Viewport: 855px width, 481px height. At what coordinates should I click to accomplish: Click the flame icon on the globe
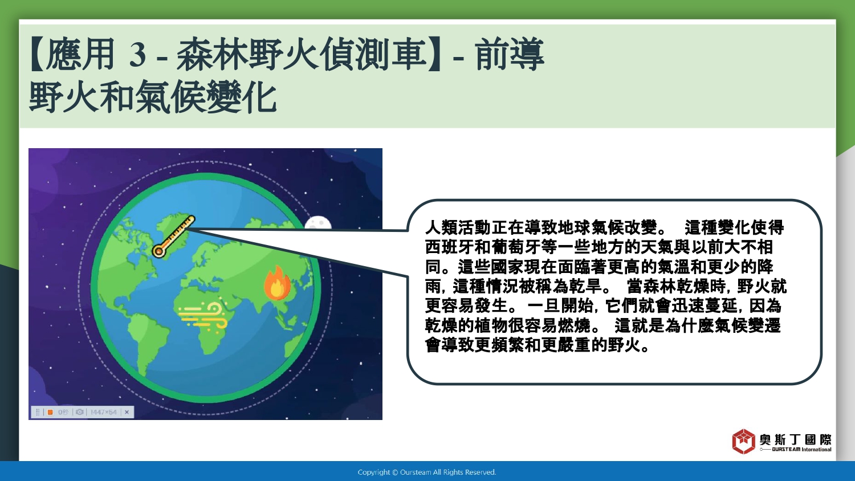coord(278,283)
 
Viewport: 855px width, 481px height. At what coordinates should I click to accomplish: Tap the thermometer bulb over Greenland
coord(158,251)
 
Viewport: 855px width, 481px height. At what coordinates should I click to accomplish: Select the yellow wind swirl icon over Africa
coord(203,316)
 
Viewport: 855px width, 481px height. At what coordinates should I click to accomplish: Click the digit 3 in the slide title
coord(137,55)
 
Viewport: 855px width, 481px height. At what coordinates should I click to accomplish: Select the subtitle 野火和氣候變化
coord(153,96)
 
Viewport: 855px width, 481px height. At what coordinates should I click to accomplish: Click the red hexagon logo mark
coord(743,441)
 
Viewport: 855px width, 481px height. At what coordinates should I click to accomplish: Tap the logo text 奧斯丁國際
coord(796,439)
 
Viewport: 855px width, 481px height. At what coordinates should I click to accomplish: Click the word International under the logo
coord(816,449)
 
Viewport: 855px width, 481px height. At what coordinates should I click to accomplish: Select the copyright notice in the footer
coord(427,472)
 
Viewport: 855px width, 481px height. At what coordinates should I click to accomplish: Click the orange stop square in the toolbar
coord(50,412)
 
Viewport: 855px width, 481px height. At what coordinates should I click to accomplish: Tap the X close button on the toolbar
coord(127,412)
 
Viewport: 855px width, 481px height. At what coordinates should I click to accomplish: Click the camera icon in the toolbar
coord(79,412)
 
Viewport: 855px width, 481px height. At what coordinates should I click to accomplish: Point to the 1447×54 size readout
coord(103,412)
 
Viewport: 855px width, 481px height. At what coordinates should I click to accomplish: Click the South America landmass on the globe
coord(147,340)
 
